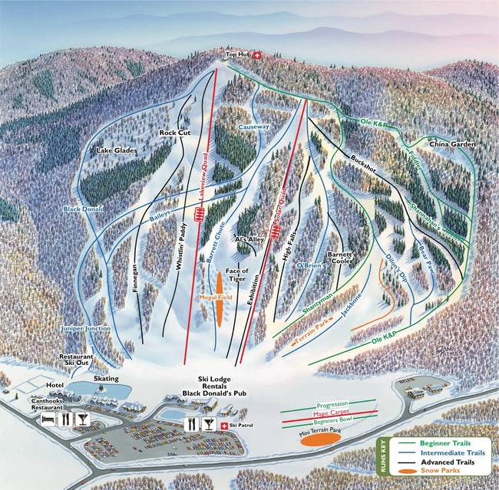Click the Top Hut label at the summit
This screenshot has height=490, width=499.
pyautogui.click(x=238, y=55)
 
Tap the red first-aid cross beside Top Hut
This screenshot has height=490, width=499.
pyautogui.click(x=258, y=55)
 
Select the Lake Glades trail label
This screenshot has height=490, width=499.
pyautogui.click(x=117, y=151)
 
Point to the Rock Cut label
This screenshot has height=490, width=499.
pyautogui.click(x=174, y=133)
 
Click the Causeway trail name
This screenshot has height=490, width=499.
pyautogui.click(x=253, y=126)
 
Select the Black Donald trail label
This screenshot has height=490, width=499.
pyautogui.click(x=82, y=209)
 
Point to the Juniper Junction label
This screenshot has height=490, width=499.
pyautogui.click(x=86, y=329)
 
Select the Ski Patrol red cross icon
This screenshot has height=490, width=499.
pyautogui.click(x=223, y=425)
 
